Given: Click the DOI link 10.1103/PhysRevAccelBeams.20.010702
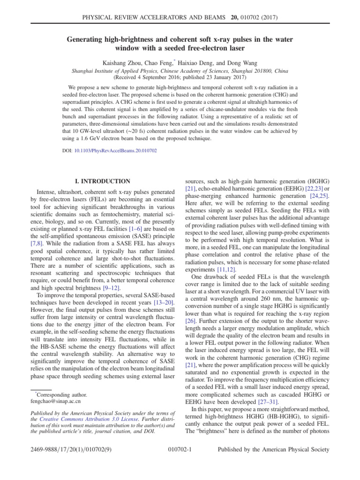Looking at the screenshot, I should click(x=116, y=151).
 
